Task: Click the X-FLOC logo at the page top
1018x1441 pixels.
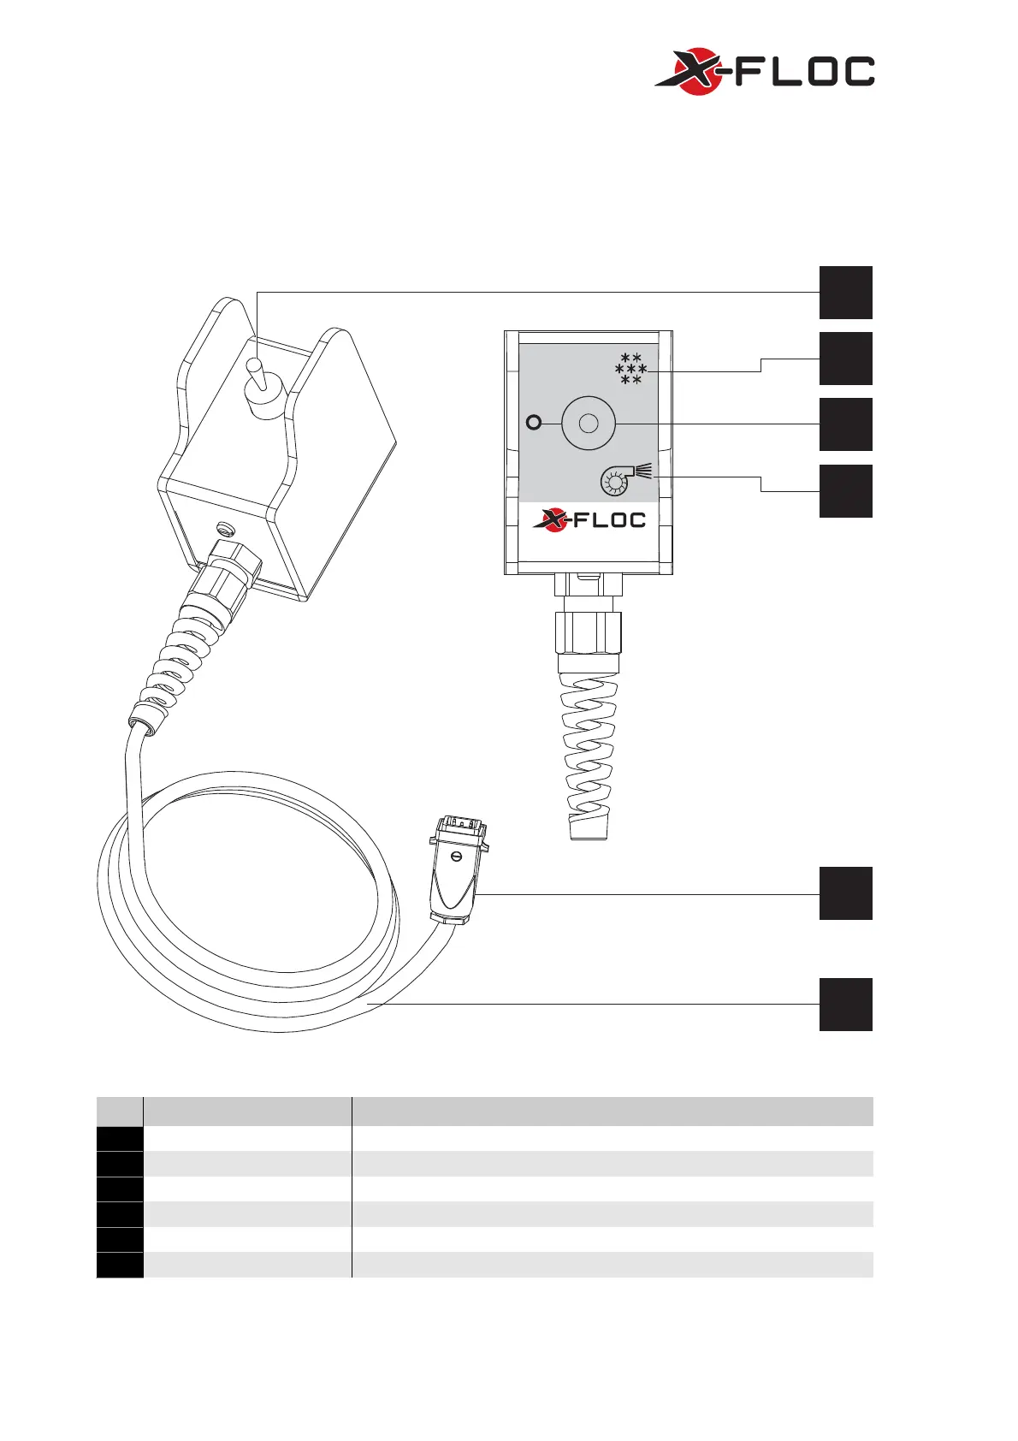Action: point(764,72)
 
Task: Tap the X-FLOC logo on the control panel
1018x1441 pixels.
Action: point(589,519)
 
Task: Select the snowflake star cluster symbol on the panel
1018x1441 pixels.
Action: point(630,368)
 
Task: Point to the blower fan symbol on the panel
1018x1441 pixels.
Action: point(624,478)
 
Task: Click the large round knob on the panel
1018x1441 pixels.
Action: point(589,424)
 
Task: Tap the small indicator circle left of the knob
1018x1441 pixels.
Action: point(534,422)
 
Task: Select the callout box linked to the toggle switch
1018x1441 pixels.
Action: point(845,293)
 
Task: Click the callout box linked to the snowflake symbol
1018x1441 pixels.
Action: point(845,359)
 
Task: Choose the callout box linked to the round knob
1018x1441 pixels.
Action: point(845,424)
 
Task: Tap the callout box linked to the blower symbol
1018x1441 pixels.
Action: point(845,491)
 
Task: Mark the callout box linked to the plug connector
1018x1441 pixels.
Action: point(845,893)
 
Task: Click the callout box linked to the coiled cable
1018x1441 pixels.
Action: point(845,1005)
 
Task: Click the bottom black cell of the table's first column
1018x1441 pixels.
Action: point(120,1265)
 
